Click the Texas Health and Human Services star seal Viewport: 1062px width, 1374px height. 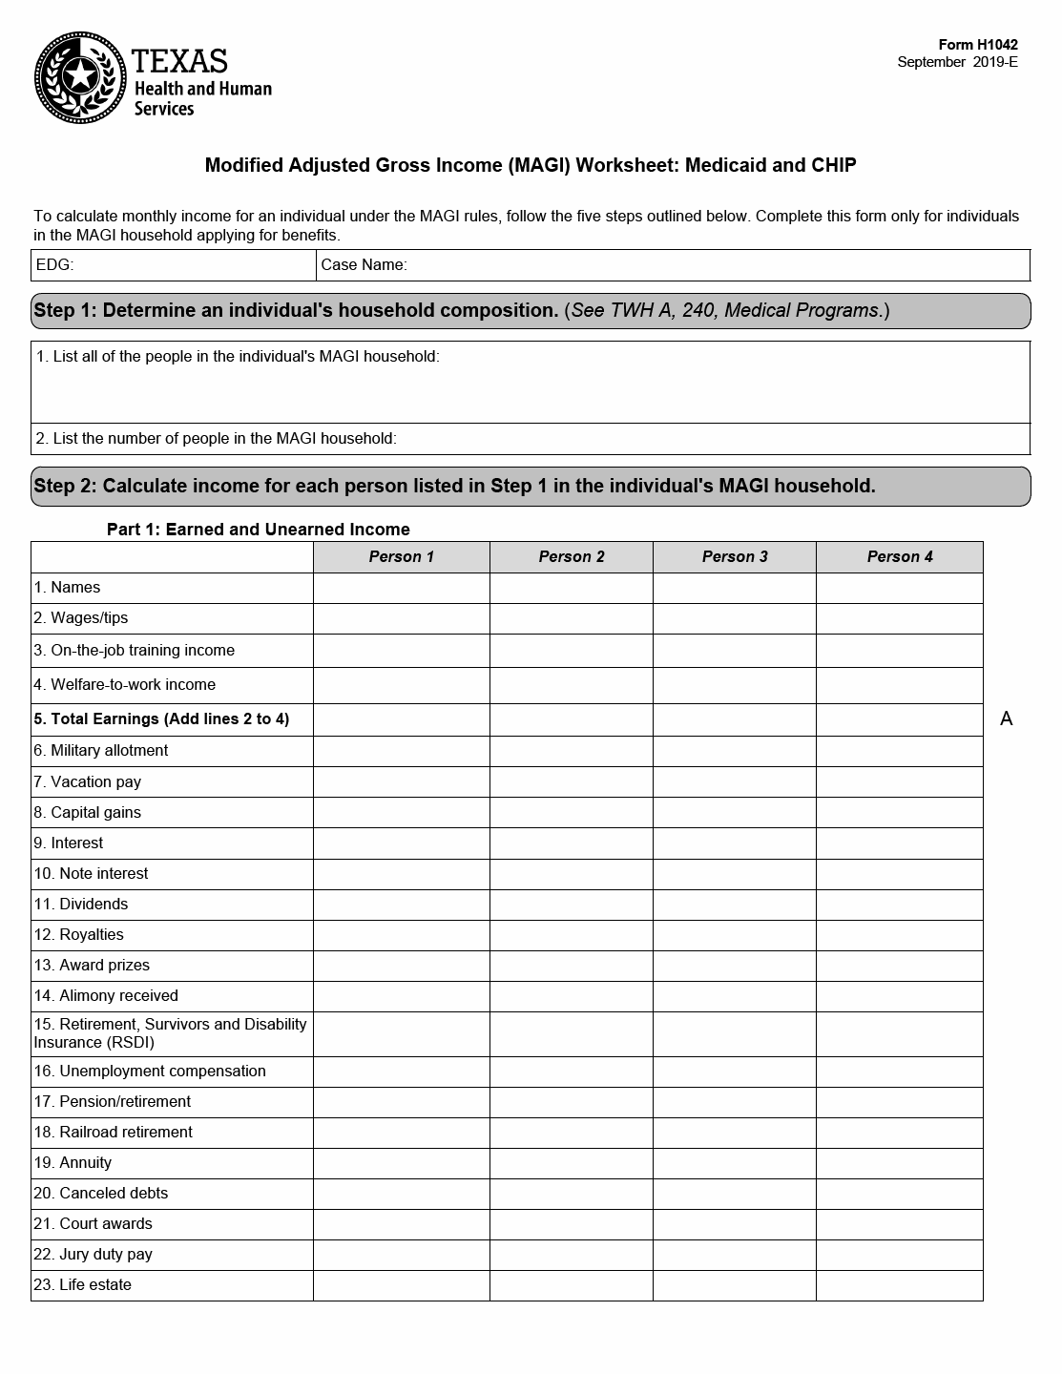pos(80,77)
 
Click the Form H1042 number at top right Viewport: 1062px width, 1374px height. pos(978,45)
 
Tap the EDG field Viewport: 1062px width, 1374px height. pos(174,265)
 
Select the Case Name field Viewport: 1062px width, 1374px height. pos(673,265)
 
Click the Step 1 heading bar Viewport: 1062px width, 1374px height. pos(531,311)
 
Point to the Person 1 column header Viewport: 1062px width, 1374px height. pos(401,557)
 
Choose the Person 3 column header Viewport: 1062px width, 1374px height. pos(735,557)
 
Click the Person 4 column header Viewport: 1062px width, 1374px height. pos(899,557)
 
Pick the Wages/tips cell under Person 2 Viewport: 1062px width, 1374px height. pos(571,618)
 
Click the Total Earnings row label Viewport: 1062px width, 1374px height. pos(161,719)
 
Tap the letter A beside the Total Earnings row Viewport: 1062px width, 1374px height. pos(1006,719)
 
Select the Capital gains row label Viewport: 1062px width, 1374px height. pos(87,813)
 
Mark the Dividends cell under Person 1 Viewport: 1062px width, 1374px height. pos(401,905)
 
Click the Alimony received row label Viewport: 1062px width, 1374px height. pos(106,996)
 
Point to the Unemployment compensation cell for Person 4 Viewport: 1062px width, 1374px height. pos(899,1072)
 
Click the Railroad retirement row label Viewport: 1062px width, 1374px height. pos(113,1133)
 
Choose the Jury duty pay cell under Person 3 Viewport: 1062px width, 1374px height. pos(735,1255)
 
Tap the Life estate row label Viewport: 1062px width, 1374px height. pos(82,1285)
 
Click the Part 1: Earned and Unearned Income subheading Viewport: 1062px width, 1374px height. pos(258,530)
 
